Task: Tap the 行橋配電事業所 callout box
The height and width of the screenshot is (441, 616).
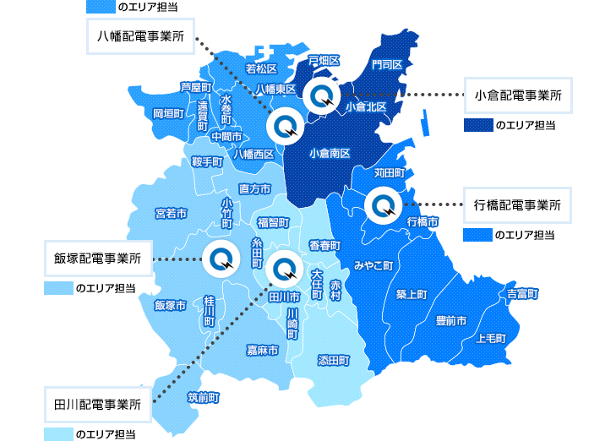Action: pos(518,204)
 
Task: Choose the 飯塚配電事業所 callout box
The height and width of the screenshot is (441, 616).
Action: pos(97,258)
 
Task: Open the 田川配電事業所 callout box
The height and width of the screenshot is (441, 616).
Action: pos(97,403)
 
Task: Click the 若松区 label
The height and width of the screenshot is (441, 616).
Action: pos(261,68)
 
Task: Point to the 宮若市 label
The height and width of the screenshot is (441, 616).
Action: pos(172,213)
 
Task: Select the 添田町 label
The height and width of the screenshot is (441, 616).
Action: pos(333,359)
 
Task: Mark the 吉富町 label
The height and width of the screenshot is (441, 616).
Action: pos(523,294)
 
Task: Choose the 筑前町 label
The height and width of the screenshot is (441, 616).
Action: pos(204,396)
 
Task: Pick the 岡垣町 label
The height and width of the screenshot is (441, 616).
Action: pos(168,112)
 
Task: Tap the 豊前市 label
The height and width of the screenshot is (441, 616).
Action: pos(451,321)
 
